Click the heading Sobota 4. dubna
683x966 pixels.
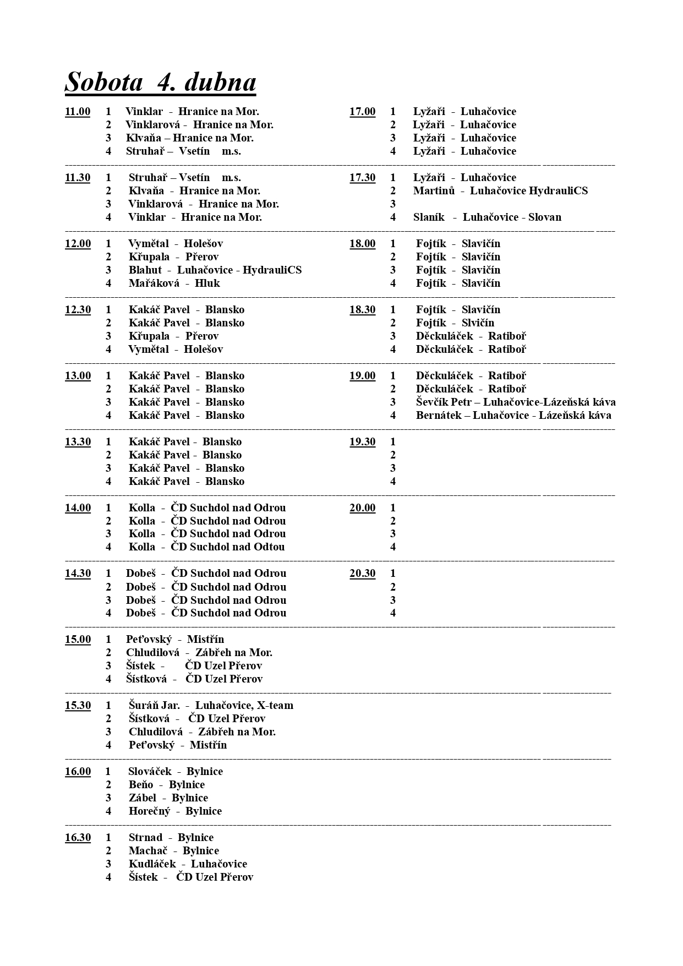(160, 83)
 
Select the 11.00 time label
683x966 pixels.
(78, 112)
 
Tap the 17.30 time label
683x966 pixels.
(362, 178)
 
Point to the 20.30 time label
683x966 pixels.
(362, 574)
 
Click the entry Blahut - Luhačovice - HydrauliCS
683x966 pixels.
(215, 270)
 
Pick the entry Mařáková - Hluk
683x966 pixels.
(174, 283)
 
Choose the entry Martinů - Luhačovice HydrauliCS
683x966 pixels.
(500, 191)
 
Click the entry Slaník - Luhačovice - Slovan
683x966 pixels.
(487, 217)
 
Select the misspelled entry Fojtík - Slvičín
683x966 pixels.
(455, 323)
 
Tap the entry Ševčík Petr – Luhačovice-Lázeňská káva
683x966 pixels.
(515, 402)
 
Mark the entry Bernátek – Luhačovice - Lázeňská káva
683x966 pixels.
(513, 416)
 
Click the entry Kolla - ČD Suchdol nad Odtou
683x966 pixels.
(206, 547)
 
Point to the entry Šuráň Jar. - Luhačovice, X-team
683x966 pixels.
(211, 706)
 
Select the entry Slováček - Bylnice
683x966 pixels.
(175, 772)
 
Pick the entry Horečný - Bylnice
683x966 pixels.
(175, 811)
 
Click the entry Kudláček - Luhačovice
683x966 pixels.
(188, 864)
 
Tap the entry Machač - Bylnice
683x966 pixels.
(173, 851)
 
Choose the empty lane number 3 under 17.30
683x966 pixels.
(393, 204)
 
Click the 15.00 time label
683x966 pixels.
(78, 640)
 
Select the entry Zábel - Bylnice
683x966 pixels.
(168, 798)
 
